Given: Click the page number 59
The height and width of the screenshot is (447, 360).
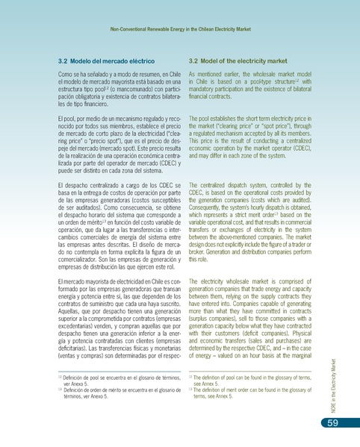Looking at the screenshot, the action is coord(333,424).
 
